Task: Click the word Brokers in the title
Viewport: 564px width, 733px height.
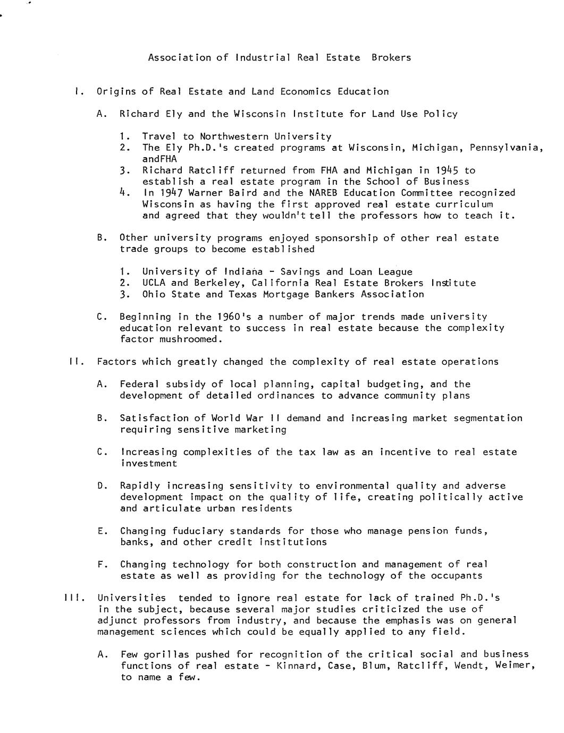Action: (x=391, y=57)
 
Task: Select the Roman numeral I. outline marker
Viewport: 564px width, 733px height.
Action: (x=79, y=91)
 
